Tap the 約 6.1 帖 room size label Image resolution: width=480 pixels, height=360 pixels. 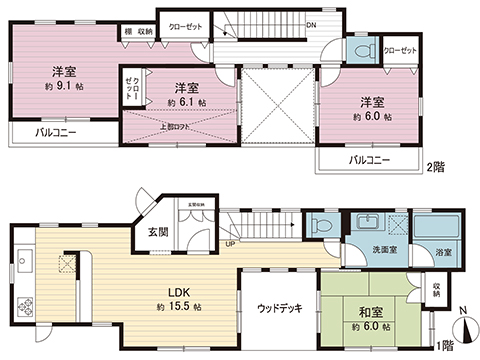coord(187,103)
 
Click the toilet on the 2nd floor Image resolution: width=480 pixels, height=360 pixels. coord(363,49)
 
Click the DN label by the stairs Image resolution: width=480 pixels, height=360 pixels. coord(311,27)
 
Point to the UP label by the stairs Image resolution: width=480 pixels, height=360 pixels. coord(231,242)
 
